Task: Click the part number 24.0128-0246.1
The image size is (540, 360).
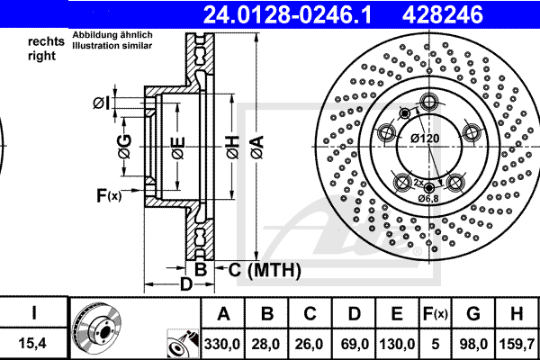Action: click(x=287, y=14)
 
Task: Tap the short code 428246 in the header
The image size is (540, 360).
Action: click(x=443, y=14)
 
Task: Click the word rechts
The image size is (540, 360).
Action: click(x=46, y=41)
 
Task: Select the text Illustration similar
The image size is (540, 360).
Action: click(x=112, y=46)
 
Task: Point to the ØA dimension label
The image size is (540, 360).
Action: click(x=256, y=147)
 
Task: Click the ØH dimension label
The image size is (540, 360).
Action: click(x=232, y=147)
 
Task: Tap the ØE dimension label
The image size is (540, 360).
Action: click(x=178, y=148)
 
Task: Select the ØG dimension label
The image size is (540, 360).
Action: click(x=125, y=147)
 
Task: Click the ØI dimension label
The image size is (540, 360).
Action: click(x=102, y=103)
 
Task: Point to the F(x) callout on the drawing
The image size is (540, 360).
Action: click(x=109, y=195)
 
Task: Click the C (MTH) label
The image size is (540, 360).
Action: click(x=265, y=269)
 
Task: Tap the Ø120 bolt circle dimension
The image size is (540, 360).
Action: click(x=425, y=139)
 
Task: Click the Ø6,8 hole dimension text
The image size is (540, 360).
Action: click(x=428, y=198)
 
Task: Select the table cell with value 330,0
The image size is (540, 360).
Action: click(x=223, y=344)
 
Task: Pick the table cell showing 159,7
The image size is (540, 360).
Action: click(x=517, y=344)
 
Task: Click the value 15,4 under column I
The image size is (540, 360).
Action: click(x=32, y=343)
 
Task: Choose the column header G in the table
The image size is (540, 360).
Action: click(x=473, y=313)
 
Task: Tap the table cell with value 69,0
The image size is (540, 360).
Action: click(x=355, y=344)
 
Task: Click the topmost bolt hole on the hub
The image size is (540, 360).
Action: click(x=428, y=102)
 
